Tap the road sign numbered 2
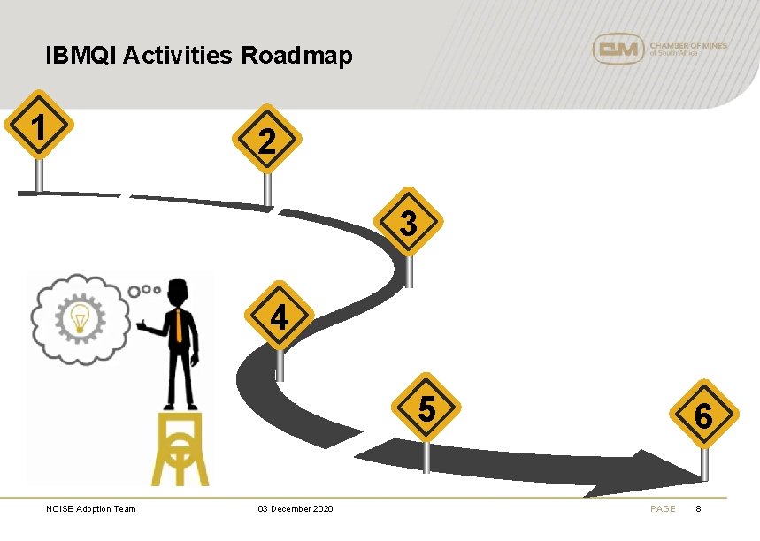[267, 140]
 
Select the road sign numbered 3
[408, 223]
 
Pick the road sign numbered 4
[280, 316]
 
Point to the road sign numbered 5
[426, 408]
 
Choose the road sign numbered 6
[703, 414]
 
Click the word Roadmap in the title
[296, 57]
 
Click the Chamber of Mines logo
[659, 49]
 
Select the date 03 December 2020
[296, 509]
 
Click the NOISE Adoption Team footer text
[91, 509]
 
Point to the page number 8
[698, 509]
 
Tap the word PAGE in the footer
[663, 509]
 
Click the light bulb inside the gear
[80, 316]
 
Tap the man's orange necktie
[179, 326]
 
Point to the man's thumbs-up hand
[142, 326]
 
